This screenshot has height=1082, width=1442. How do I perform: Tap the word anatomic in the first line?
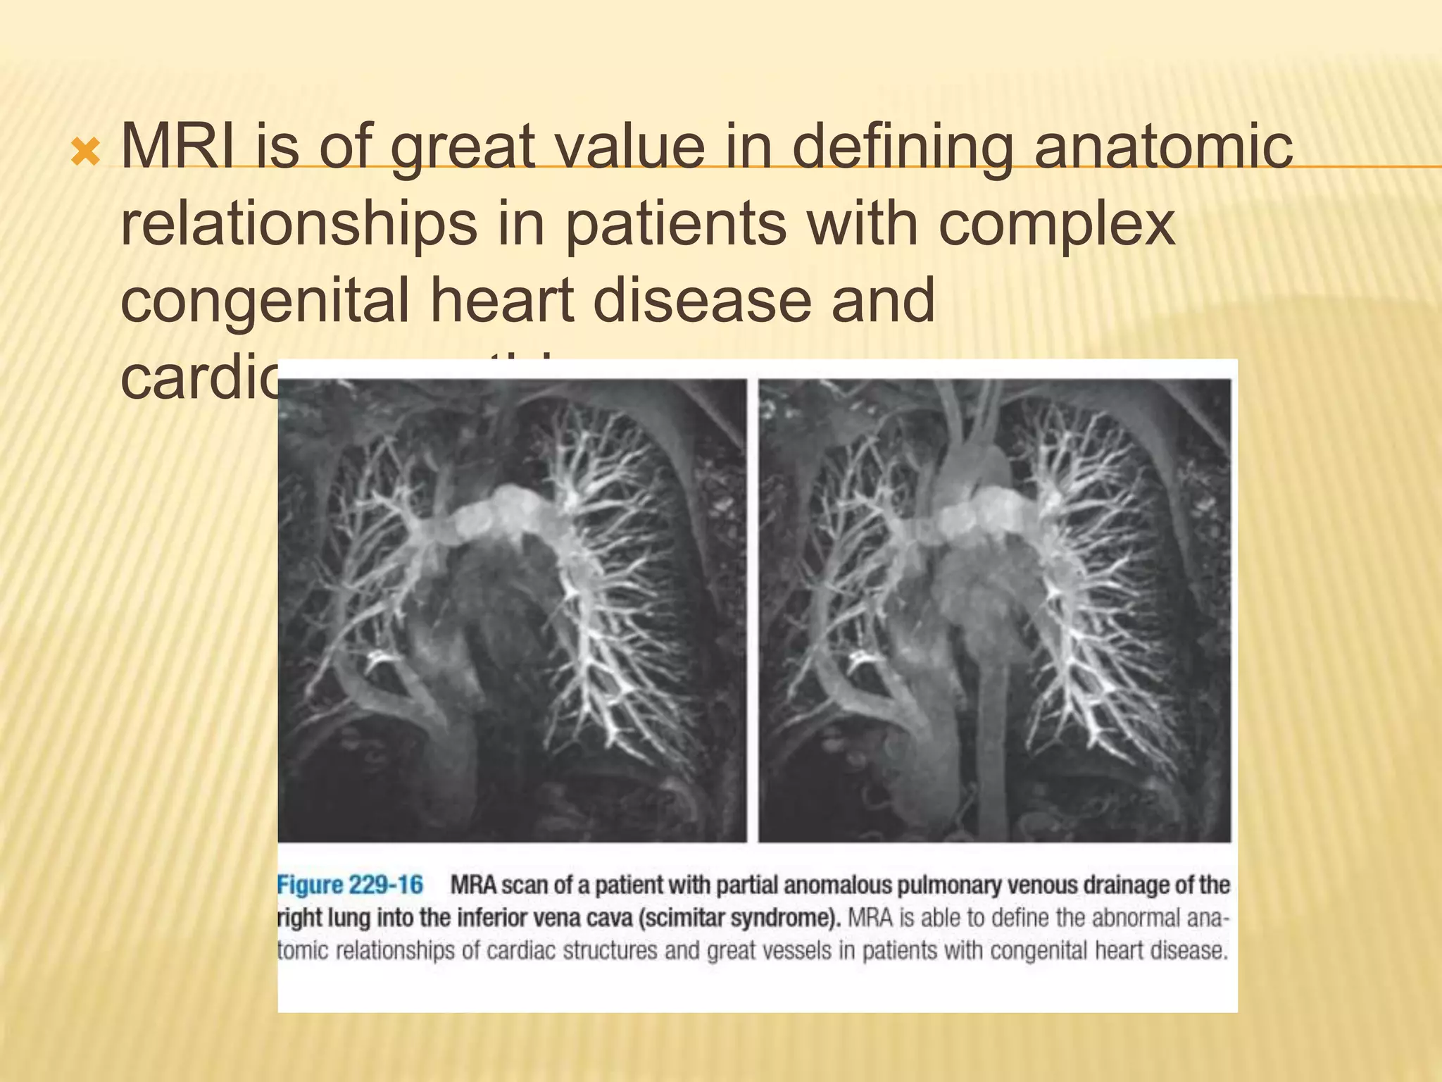click(1162, 147)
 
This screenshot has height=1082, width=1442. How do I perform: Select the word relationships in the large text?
click(299, 224)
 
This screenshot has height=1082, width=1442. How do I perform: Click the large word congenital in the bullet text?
click(265, 301)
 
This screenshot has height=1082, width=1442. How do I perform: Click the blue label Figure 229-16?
click(351, 885)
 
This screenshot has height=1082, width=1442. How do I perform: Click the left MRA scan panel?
click(512, 610)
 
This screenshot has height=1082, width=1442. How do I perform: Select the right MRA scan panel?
click(994, 610)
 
